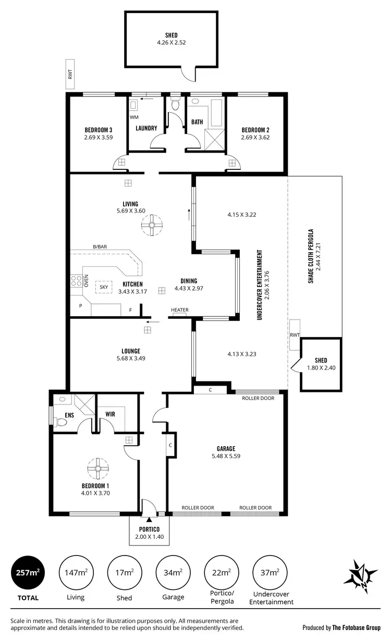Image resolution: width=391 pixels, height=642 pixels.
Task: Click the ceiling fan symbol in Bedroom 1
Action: [96, 468]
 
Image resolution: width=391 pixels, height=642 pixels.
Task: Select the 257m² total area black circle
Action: [25, 572]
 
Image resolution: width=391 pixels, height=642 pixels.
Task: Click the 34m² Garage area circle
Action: [173, 572]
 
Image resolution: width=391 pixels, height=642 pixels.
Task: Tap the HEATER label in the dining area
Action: [180, 310]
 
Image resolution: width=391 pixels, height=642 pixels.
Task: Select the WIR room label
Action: [109, 414]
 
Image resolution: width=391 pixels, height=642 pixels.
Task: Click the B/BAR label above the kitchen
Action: [100, 246]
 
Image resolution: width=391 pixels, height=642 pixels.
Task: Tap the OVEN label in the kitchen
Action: [86, 282]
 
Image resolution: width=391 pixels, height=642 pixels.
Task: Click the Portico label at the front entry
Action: [150, 529]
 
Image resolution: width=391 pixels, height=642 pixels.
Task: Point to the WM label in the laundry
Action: [134, 117]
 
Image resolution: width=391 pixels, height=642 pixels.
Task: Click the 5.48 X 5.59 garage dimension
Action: [226, 455]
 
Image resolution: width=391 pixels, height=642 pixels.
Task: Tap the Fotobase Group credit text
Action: [341, 627]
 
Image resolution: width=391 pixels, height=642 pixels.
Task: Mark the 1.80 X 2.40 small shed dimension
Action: [321, 367]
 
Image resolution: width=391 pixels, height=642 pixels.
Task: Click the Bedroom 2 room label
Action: [255, 130]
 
